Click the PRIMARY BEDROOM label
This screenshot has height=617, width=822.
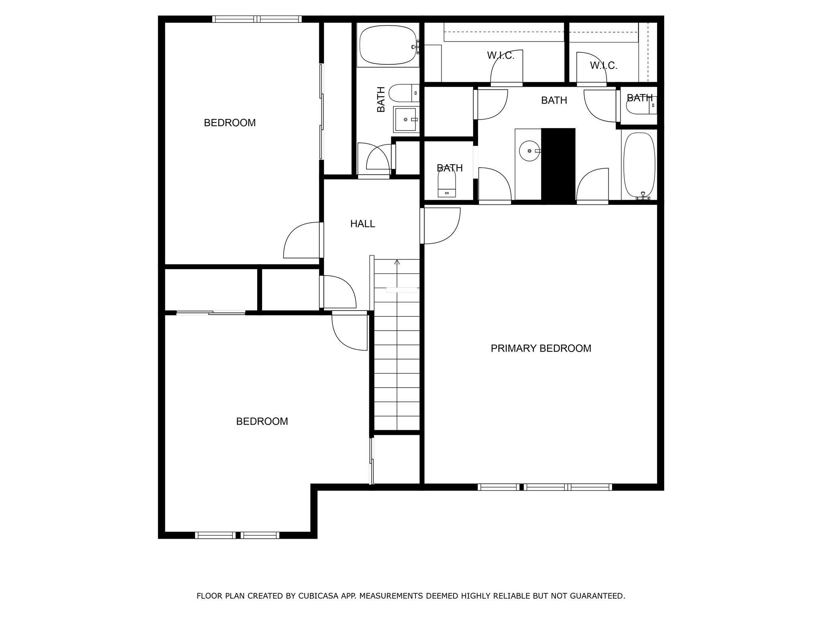pyautogui.click(x=541, y=348)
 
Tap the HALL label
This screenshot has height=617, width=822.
pyautogui.click(x=362, y=224)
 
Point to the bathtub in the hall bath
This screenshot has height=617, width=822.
pyautogui.click(x=388, y=45)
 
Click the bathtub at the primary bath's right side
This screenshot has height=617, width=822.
pyautogui.click(x=639, y=165)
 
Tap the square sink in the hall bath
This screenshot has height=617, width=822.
pyautogui.click(x=405, y=119)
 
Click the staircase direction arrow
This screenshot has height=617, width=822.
pyautogui.click(x=397, y=262)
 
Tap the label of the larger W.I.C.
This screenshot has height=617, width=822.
pyautogui.click(x=501, y=55)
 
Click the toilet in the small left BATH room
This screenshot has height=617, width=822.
pyautogui.click(x=447, y=185)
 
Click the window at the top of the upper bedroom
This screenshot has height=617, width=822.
pyautogui.click(x=256, y=19)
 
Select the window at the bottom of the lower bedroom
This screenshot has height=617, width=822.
pyautogui.click(x=237, y=535)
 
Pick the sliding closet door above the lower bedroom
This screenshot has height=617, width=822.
pyautogui.click(x=211, y=313)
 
